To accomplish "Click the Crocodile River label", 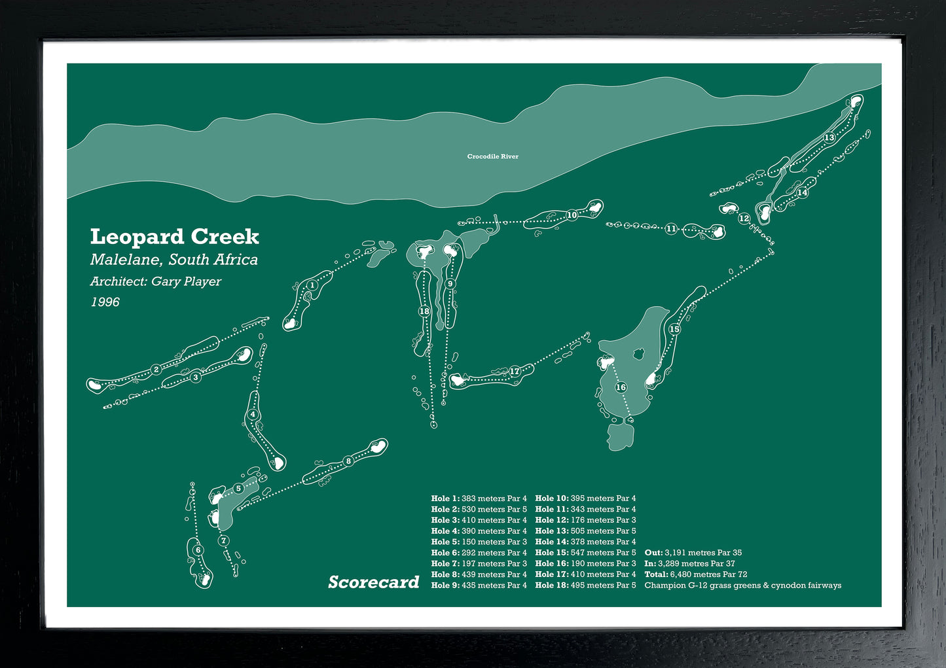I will tap(492, 156).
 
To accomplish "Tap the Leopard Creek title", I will tap(174, 237).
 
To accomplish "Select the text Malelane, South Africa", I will tap(174, 260).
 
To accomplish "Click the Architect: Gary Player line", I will tap(156, 281).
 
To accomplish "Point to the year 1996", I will tap(105, 302).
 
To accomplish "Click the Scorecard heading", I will tap(373, 582).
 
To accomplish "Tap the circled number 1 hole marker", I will tap(312, 285).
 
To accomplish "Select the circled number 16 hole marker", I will tap(621, 387).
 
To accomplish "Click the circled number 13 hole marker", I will tap(829, 137).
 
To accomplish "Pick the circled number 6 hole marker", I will tap(198, 550).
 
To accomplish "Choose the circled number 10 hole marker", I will tap(572, 215).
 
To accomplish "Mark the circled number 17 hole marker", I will tap(515, 372).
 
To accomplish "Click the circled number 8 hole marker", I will tap(348, 461).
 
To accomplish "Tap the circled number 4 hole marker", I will tap(253, 415).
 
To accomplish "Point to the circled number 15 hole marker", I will tap(674, 329).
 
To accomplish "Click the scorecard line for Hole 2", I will tap(479, 509).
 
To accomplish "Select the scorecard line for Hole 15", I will tap(585, 553).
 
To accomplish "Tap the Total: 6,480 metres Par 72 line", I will tap(695, 574).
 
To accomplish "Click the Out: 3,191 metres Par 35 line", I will tap(693, 553).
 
